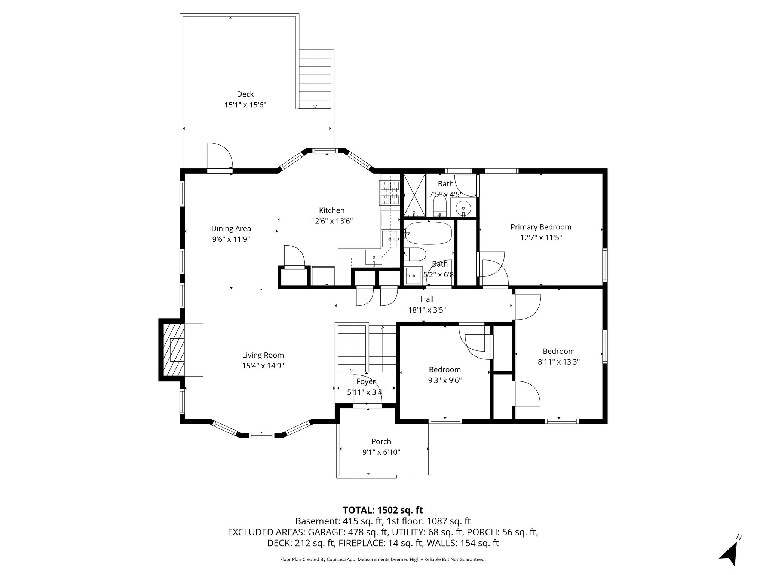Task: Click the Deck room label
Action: point(245,94)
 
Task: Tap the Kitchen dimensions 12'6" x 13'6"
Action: point(332,221)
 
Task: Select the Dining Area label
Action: point(231,229)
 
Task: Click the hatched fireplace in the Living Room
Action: point(174,350)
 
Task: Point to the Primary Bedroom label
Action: point(541,227)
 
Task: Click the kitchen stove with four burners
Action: point(390,193)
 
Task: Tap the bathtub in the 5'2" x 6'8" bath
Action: point(428,233)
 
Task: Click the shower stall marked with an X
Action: point(414,195)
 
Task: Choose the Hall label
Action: point(427,299)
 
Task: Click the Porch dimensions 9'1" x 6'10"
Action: point(381,452)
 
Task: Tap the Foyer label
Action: point(365,382)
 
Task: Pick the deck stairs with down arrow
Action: point(315,79)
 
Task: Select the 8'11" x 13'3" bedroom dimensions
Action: point(559,362)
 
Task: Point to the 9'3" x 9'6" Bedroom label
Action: point(444,370)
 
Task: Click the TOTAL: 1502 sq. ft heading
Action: point(383,510)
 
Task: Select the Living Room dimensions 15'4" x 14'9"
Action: point(263,366)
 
